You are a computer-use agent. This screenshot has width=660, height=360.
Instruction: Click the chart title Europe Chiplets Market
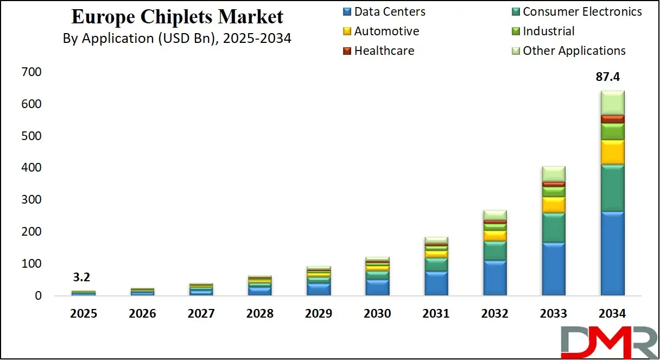point(177,17)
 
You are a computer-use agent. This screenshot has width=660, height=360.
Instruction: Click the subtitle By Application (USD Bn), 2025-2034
point(177,39)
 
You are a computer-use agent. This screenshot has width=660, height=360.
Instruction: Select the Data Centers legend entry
point(389,11)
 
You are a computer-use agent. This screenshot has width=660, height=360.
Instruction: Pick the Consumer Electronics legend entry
point(582,11)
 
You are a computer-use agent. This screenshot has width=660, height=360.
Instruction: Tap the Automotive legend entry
point(386,31)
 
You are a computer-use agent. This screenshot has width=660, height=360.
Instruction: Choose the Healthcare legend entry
point(384,50)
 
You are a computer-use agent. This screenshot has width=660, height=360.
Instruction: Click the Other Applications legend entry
point(574,50)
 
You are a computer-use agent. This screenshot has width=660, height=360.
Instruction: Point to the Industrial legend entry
point(548,31)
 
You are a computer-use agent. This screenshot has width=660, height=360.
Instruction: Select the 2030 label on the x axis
point(377,314)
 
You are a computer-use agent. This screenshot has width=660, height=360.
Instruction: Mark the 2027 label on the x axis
point(201,314)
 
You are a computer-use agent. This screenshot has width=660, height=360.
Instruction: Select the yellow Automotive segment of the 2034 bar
point(612,152)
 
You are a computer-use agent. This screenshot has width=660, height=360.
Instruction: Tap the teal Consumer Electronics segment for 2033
point(554,227)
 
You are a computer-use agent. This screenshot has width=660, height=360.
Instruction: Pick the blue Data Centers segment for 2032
point(495,277)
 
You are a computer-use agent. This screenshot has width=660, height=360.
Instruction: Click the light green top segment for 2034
point(612,103)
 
